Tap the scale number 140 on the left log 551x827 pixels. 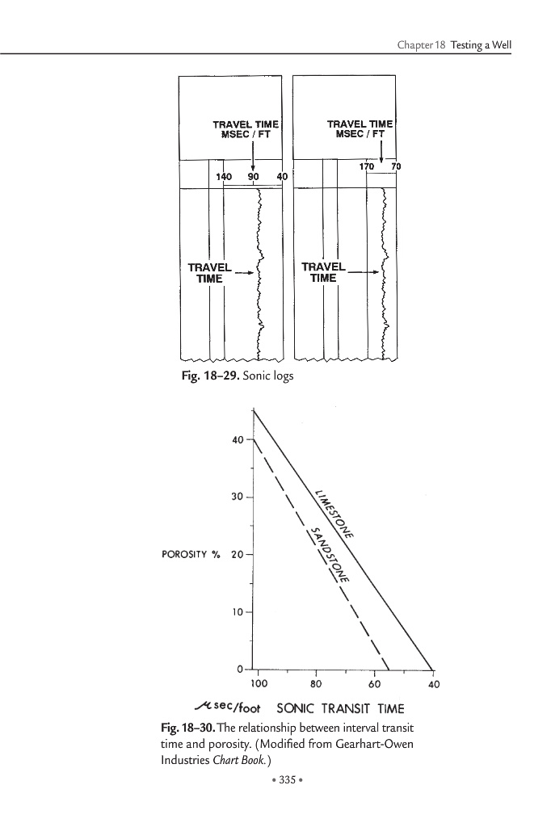224,176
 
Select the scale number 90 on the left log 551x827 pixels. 254,176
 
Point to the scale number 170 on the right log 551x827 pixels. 368,166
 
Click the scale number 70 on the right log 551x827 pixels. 396,166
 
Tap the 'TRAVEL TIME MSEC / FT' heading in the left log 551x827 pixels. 245,129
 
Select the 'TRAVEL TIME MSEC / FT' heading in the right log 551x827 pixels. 360,129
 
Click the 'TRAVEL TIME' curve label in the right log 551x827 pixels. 323,272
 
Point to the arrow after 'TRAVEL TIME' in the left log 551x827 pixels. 246,273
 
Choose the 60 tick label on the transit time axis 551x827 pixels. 374,684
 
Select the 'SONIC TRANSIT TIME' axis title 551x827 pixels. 339,709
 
